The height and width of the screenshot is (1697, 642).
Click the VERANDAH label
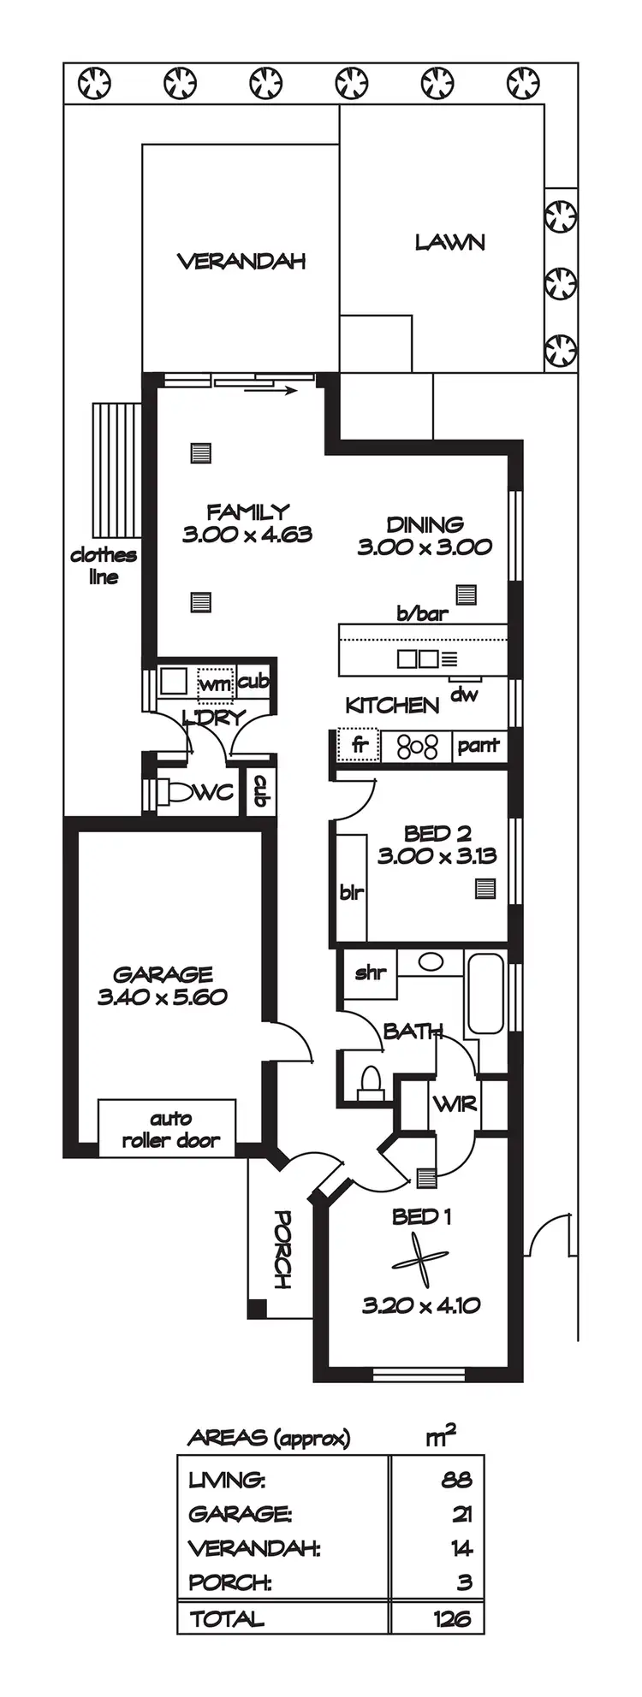click(241, 261)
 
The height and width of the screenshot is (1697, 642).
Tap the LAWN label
click(449, 242)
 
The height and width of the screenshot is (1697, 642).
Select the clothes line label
click(104, 565)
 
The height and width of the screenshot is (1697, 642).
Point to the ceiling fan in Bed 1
click(420, 1262)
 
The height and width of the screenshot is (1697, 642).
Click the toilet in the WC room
click(177, 792)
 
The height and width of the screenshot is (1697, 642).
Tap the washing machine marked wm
click(215, 684)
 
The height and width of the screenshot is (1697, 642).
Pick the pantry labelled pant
click(478, 745)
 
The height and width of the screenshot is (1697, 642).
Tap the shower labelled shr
click(370, 973)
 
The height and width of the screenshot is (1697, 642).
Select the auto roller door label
click(170, 1129)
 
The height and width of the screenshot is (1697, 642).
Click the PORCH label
click(282, 1250)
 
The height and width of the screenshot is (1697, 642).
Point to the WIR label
click(455, 1104)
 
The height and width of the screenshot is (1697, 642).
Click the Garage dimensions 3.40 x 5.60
click(163, 996)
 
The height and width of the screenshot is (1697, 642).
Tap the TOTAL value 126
click(452, 1618)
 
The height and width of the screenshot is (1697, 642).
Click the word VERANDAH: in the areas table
click(254, 1548)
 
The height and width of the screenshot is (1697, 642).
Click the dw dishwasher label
click(464, 694)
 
